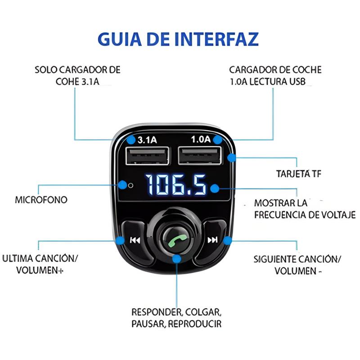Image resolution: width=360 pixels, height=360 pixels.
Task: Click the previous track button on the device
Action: click(135, 240)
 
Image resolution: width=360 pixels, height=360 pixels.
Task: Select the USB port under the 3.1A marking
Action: click(148, 156)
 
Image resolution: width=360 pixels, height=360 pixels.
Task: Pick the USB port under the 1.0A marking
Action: click(200, 156)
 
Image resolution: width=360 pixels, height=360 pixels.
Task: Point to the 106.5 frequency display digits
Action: click(175, 184)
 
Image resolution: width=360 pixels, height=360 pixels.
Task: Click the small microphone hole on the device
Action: click(130, 185)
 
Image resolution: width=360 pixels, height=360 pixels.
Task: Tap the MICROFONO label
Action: click(41, 200)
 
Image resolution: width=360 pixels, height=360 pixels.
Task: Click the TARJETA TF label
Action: click(299, 174)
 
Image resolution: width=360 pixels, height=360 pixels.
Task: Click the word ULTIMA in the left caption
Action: click(18, 258)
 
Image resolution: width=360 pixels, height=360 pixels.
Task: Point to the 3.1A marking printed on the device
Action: click(147, 140)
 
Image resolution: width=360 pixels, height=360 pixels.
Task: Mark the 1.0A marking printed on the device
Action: click(201, 139)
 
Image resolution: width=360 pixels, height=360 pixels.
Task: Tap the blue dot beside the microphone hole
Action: click(123, 185)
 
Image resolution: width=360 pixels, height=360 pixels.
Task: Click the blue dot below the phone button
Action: click(176, 259)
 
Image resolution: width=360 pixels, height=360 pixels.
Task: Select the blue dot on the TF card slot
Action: click(232, 158)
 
